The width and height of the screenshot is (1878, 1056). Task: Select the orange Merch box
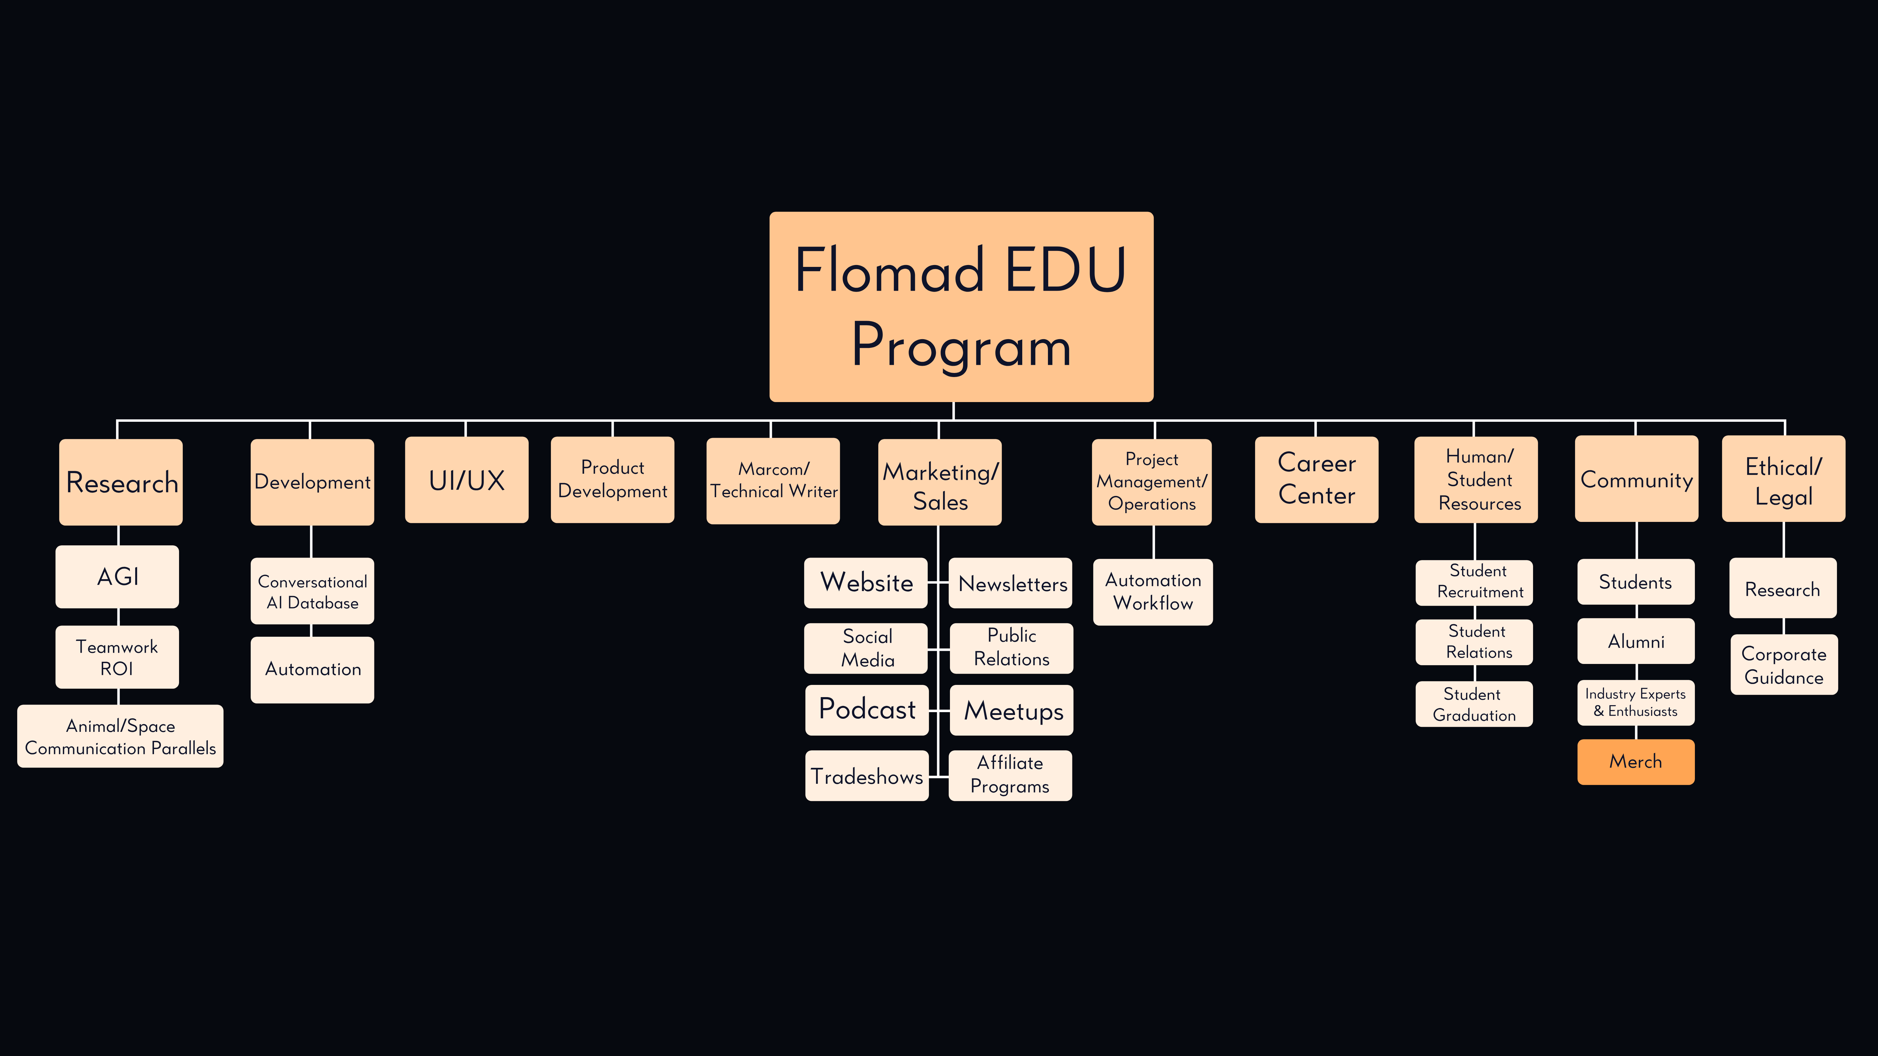[1635, 762]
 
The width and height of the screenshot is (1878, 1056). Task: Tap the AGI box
[117, 576]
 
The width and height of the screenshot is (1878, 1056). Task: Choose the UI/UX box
[467, 480]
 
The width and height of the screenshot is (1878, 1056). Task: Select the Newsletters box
[1010, 583]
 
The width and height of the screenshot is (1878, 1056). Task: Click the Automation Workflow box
[1152, 592]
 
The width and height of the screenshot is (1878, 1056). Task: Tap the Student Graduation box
[1473, 704]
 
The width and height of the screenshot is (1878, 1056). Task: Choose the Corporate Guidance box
[1783, 665]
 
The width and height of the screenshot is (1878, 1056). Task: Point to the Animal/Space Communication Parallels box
[120, 736]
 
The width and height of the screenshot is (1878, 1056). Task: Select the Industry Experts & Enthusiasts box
[1635, 702]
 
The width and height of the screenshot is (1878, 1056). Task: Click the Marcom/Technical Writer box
[773, 480]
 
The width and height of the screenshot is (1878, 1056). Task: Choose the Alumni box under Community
[1635, 641]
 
